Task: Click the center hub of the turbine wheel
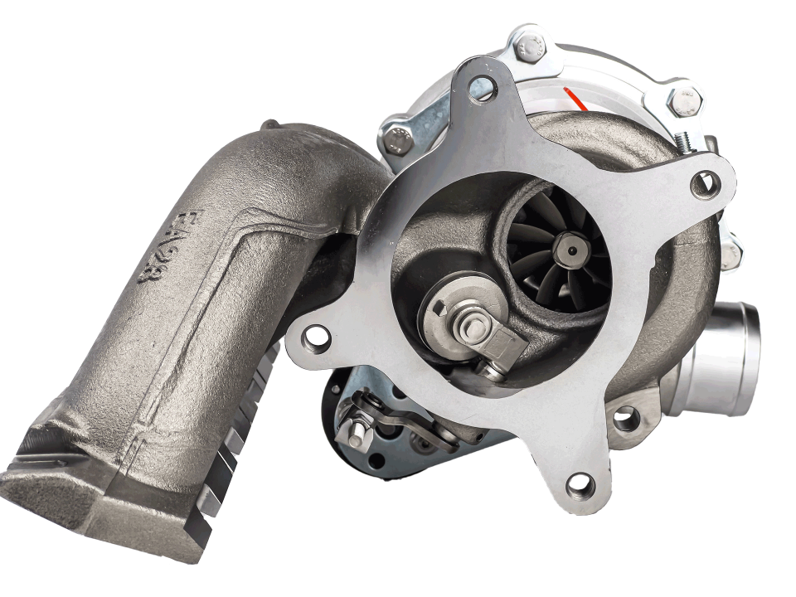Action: pos(569,245)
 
